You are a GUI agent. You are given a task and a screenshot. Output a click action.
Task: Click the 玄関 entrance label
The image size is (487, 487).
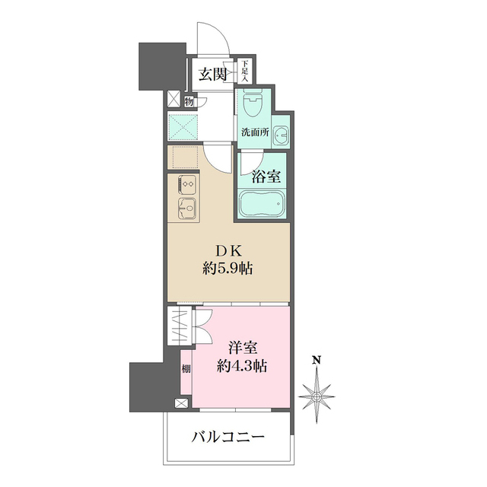pyautogui.click(x=212, y=74)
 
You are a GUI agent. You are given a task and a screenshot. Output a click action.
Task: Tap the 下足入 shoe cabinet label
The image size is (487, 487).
pyautogui.click(x=246, y=72)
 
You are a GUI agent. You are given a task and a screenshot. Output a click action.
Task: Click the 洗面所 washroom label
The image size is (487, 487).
pyautogui.click(x=255, y=132)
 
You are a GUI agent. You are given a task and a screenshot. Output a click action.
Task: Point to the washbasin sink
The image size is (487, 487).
pyautogui.click(x=281, y=135)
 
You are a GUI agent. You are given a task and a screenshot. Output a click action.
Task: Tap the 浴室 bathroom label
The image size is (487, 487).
pyautogui.click(x=266, y=178)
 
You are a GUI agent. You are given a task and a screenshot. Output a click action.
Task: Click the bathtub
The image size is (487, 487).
pyautogui.click(x=261, y=205)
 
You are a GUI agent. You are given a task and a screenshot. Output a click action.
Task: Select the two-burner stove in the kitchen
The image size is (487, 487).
pyautogui.click(x=186, y=184)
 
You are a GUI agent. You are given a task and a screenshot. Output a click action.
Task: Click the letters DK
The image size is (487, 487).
pyautogui.click(x=228, y=251)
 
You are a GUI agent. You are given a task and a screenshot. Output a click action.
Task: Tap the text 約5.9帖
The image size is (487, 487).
pyautogui.click(x=228, y=269)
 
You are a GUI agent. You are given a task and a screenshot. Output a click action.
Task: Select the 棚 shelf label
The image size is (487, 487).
pyautogui.click(x=186, y=371)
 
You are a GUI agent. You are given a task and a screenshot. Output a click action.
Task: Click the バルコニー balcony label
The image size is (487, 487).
pyautogui.click(x=228, y=438)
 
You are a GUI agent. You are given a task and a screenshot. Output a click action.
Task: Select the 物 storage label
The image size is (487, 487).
pyautogui.click(x=188, y=100)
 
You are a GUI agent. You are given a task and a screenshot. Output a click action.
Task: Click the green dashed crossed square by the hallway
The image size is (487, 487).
pyautogui.click(x=183, y=126)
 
